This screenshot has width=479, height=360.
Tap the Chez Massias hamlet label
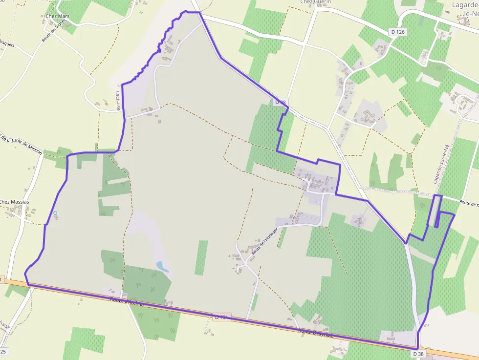15,202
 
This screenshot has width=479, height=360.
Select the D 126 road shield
398,32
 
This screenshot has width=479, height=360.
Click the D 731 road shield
222,318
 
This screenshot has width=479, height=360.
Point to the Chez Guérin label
315,2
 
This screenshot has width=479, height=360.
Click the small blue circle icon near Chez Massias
55,213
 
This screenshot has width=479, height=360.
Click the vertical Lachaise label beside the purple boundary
118,100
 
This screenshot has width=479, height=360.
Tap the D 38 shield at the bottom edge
418,353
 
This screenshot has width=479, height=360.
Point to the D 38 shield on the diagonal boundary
280,102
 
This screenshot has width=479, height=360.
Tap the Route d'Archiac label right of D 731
315,333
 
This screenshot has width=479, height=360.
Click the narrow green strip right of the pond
201,257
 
